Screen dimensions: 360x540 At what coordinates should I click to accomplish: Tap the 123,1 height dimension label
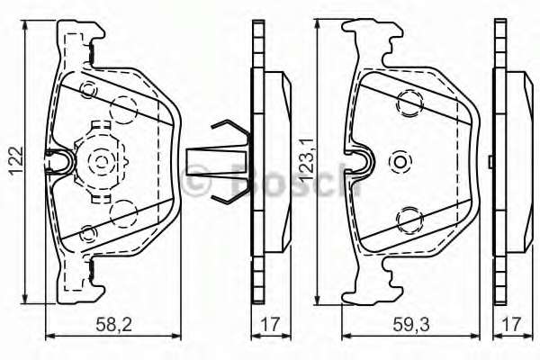tap(305, 162)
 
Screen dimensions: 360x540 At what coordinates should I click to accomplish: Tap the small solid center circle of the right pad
tap(400, 161)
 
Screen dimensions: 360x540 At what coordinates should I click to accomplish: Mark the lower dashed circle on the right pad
tap(410, 217)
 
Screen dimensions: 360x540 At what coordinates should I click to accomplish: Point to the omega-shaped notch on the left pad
tap(60, 161)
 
